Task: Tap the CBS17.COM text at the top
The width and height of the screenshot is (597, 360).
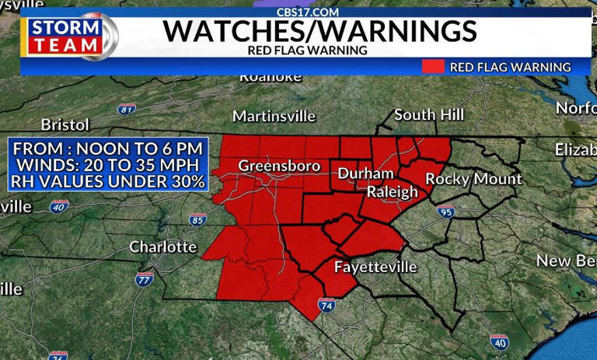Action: pyautogui.click(x=308, y=12)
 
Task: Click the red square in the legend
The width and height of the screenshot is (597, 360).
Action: pyautogui.click(x=433, y=67)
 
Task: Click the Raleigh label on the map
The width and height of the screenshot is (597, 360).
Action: pyautogui.click(x=392, y=192)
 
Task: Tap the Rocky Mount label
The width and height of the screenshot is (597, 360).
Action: pyautogui.click(x=473, y=179)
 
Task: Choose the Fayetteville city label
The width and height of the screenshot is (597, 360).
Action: pyautogui.click(x=375, y=267)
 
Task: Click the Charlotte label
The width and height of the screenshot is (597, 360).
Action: pyautogui.click(x=162, y=246)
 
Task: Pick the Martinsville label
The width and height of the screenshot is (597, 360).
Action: pyautogui.click(x=274, y=116)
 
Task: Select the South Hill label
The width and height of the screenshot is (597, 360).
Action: pyautogui.click(x=429, y=115)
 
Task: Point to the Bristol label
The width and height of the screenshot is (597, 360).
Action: pyautogui.click(x=65, y=124)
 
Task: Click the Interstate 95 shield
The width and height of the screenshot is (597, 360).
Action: pyautogui.click(x=445, y=211)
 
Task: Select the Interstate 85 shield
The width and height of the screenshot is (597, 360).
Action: pyautogui.click(x=197, y=220)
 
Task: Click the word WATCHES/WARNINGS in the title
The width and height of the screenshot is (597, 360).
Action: pyautogui.click(x=319, y=32)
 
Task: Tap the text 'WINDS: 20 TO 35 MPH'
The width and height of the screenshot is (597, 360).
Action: pyautogui.click(x=108, y=165)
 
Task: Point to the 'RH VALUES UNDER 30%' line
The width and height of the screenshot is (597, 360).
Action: pyautogui.click(x=108, y=182)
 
